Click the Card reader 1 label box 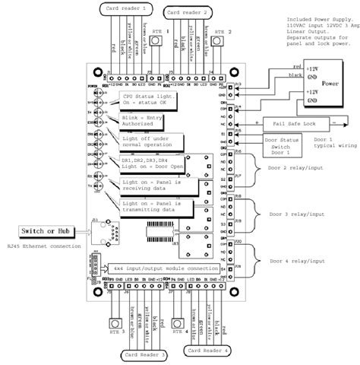pos(123,8)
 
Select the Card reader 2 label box pos(188,13)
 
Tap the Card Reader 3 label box pos(143,354)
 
